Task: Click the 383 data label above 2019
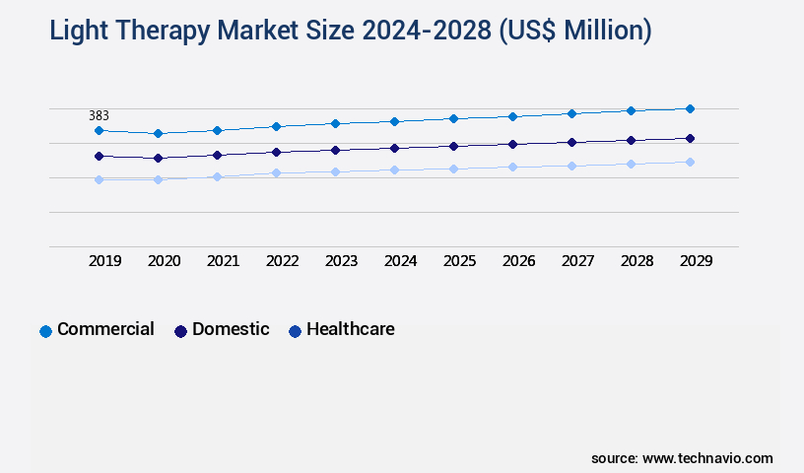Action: pyautogui.click(x=99, y=115)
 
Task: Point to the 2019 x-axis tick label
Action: pyautogui.click(x=105, y=261)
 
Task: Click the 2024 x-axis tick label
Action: pyautogui.click(x=401, y=261)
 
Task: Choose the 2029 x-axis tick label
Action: pyautogui.click(x=696, y=261)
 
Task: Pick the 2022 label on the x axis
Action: pyautogui.click(x=283, y=261)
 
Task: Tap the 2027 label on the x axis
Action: pyautogui.click(x=578, y=261)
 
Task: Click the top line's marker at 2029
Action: pyautogui.click(x=690, y=108)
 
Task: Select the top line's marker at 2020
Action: pyautogui.click(x=158, y=133)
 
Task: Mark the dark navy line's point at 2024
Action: pyautogui.click(x=394, y=148)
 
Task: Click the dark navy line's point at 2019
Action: pyautogui.click(x=99, y=156)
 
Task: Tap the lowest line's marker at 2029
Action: pyautogui.click(x=690, y=162)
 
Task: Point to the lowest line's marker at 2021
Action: pyautogui.click(x=217, y=176)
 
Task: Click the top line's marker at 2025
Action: pyautogui.click(x=453, y=118)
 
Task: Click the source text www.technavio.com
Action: pyautogui.click(x=707, y=458)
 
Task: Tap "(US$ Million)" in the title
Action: pyautogui.click(x=575, y=32)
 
